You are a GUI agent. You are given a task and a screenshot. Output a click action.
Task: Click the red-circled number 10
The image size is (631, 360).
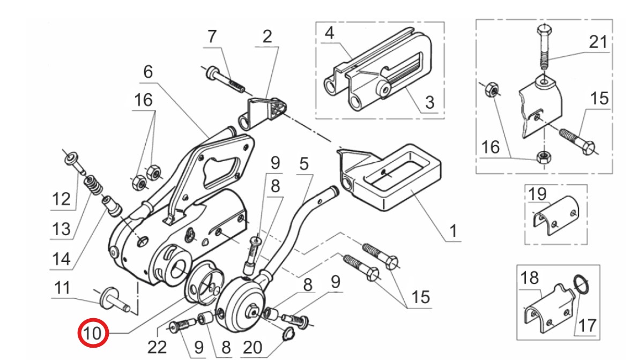(x=93, y=333)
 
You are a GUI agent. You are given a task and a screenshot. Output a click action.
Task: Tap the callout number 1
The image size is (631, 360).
(x=454, y=231)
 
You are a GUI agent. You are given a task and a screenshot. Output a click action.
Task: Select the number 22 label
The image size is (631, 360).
(x=157, y=347)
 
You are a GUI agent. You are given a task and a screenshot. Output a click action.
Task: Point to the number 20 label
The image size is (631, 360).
(x=253, y=347)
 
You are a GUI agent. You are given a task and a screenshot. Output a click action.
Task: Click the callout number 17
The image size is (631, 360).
(x=587, y=325)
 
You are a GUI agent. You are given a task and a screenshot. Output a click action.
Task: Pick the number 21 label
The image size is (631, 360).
(x=598, y=42)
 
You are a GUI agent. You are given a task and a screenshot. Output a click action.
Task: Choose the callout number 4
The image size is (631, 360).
(x=330, y=33)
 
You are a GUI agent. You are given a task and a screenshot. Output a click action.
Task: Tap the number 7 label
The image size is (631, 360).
(x=212, y=37)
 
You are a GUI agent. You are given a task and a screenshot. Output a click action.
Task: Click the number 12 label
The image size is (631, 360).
(x=61, y=199)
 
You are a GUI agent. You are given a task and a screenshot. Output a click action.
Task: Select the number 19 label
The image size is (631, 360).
(x=537, y=194)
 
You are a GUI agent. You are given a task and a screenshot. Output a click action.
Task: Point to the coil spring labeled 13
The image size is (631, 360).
(x=93, y=186)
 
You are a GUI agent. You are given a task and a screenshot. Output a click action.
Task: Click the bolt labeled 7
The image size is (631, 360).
(x=225, y=80)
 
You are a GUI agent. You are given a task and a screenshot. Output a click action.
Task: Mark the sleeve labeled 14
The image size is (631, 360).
(x=112, y=205)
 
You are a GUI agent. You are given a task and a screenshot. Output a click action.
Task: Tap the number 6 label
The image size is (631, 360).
(x=148, y=72)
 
